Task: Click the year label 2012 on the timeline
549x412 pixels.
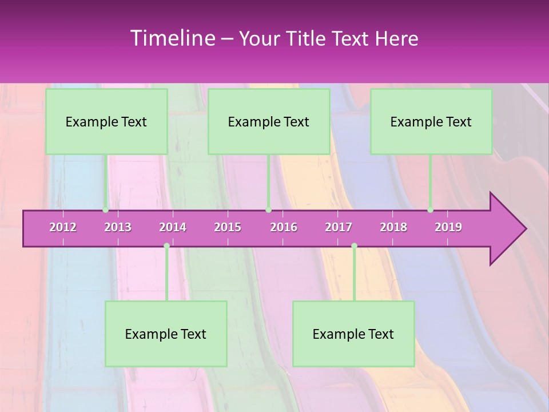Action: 63,227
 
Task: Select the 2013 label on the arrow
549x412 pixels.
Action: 118,227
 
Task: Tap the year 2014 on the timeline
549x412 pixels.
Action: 173,227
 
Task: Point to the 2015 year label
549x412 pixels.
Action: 228,227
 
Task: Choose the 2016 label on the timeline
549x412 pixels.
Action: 284,227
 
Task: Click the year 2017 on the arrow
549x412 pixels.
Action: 339,227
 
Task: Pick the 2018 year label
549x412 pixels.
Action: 393,227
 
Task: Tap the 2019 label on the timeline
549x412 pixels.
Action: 448,227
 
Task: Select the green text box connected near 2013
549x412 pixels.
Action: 106,121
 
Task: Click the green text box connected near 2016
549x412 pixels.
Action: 269,121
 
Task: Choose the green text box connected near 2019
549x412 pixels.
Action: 431,121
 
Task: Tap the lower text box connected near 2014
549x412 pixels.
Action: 166,334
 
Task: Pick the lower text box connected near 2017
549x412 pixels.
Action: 353,334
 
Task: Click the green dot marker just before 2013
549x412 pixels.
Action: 105,210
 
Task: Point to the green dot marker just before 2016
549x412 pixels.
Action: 268,210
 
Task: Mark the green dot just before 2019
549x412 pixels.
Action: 430,210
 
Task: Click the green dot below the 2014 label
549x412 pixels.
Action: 166,246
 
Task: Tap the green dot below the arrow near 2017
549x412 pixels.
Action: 354,246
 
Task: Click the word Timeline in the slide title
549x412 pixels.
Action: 172,38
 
